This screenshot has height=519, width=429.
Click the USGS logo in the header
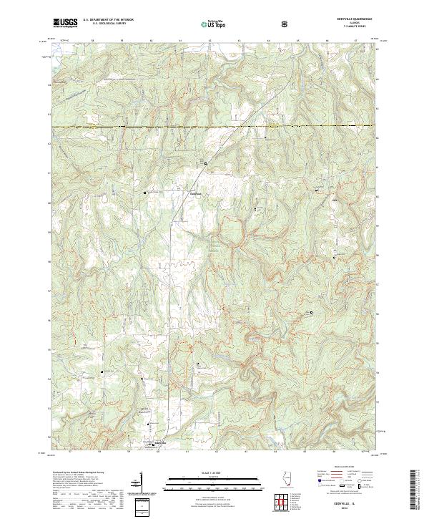[x=65, y=23]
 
